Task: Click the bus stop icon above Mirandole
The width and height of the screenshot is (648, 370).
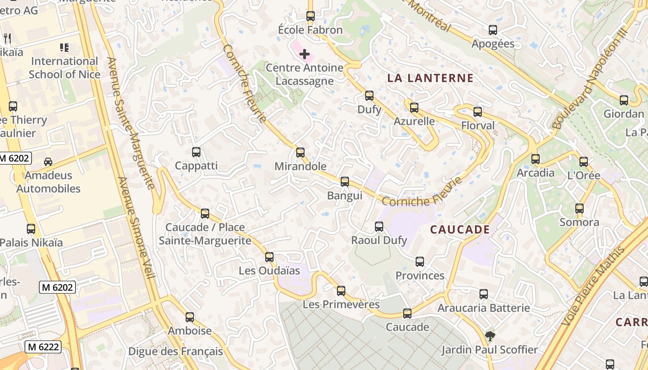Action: coord(300,152)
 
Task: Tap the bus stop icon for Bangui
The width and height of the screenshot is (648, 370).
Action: coord(344,182)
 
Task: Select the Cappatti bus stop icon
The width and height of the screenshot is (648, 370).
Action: coord(196,152)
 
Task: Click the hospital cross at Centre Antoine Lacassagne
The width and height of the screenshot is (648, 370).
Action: coord(304,55)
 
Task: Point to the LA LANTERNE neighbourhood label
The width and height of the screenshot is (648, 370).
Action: coord(430,78)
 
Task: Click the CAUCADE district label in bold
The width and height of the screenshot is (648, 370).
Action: coord(460,229)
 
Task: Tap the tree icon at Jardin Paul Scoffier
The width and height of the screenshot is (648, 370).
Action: coord(490,336)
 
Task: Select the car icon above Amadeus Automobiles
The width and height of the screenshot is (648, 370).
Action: coord(48,161)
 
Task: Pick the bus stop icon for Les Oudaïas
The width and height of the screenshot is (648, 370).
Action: coord(269,257)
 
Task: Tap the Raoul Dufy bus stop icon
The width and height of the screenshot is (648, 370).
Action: coord(379,227)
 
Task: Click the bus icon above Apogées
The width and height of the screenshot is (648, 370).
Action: coord(493,30)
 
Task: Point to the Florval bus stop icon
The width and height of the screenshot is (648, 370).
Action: coord(477,112)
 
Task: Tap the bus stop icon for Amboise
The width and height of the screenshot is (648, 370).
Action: coord(189,317)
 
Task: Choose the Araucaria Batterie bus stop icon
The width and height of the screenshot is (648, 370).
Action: coord(483,294)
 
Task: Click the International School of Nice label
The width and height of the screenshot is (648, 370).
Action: coord(64,68)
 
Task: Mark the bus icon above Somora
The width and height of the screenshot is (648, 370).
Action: coord(579,209)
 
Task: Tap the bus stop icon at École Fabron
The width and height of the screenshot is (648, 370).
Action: coord(310,16)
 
